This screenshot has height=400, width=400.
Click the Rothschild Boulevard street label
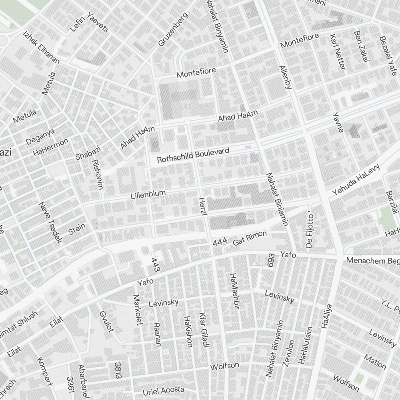pos(193,156)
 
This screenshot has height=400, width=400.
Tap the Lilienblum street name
pos(148,194)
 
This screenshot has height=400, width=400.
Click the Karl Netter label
pos(337,52)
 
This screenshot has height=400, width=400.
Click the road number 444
pos(220,242)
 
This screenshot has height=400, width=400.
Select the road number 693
pos(272,260)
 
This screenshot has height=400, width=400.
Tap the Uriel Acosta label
pos(163,390)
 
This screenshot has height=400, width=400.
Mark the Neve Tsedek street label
pos(51,222)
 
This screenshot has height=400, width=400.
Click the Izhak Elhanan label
pos(41,48)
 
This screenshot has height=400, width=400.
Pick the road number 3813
pos(118,370)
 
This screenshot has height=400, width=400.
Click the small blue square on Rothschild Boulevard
pos(248,148)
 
